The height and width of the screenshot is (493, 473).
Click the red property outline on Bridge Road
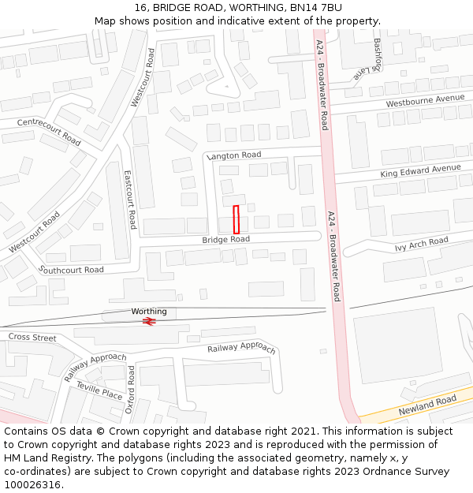(x=236, y=219)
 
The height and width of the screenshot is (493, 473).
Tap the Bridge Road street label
(x=225, y=239)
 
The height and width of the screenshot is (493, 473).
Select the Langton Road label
(x=233, y=155)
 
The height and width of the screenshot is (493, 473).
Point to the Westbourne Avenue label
(x=425, y=100)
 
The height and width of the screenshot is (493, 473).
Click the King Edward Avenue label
(x=420, y=170)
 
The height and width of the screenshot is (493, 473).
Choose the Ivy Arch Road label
(x=421, y=244)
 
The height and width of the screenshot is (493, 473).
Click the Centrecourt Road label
(x=49, y=131)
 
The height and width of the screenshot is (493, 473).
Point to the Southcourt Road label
(x=71, y=270)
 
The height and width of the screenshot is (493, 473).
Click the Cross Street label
(x=32, y=338)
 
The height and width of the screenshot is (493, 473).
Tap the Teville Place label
(x=99, y=390)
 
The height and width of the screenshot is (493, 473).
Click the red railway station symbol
(x=148, y=321)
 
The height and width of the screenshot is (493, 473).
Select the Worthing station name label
(x=149, y=312)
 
